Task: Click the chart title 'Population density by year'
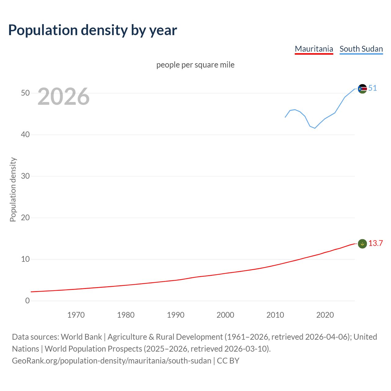click(x=93, y=30)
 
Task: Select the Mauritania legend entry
click(x=314, y=49)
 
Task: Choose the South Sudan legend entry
click(x=361, y=49)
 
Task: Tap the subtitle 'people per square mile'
click(x=195, y=65)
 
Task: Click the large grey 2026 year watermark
click(x=64, y=97)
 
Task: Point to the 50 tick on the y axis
click(x=25, y=93)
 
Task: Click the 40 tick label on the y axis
click(x=25, y=134)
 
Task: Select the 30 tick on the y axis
click(x=25, y=176)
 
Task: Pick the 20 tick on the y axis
click(x=25, y=217)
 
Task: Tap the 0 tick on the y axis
click(x=27, y=301)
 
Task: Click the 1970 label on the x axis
click(x=76, y=315)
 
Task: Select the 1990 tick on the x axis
click(x=176, y=315)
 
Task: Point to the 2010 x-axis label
click(x=275, y=315)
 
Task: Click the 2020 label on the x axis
click(x=325, y=315)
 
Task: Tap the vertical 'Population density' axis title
click(x=13, y=189)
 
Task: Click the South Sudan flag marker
click(x=362, y=89)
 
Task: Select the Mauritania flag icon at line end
click(x=362, y=244)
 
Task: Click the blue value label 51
click(x=373, y=88)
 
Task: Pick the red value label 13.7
click(x=375, y=243)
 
